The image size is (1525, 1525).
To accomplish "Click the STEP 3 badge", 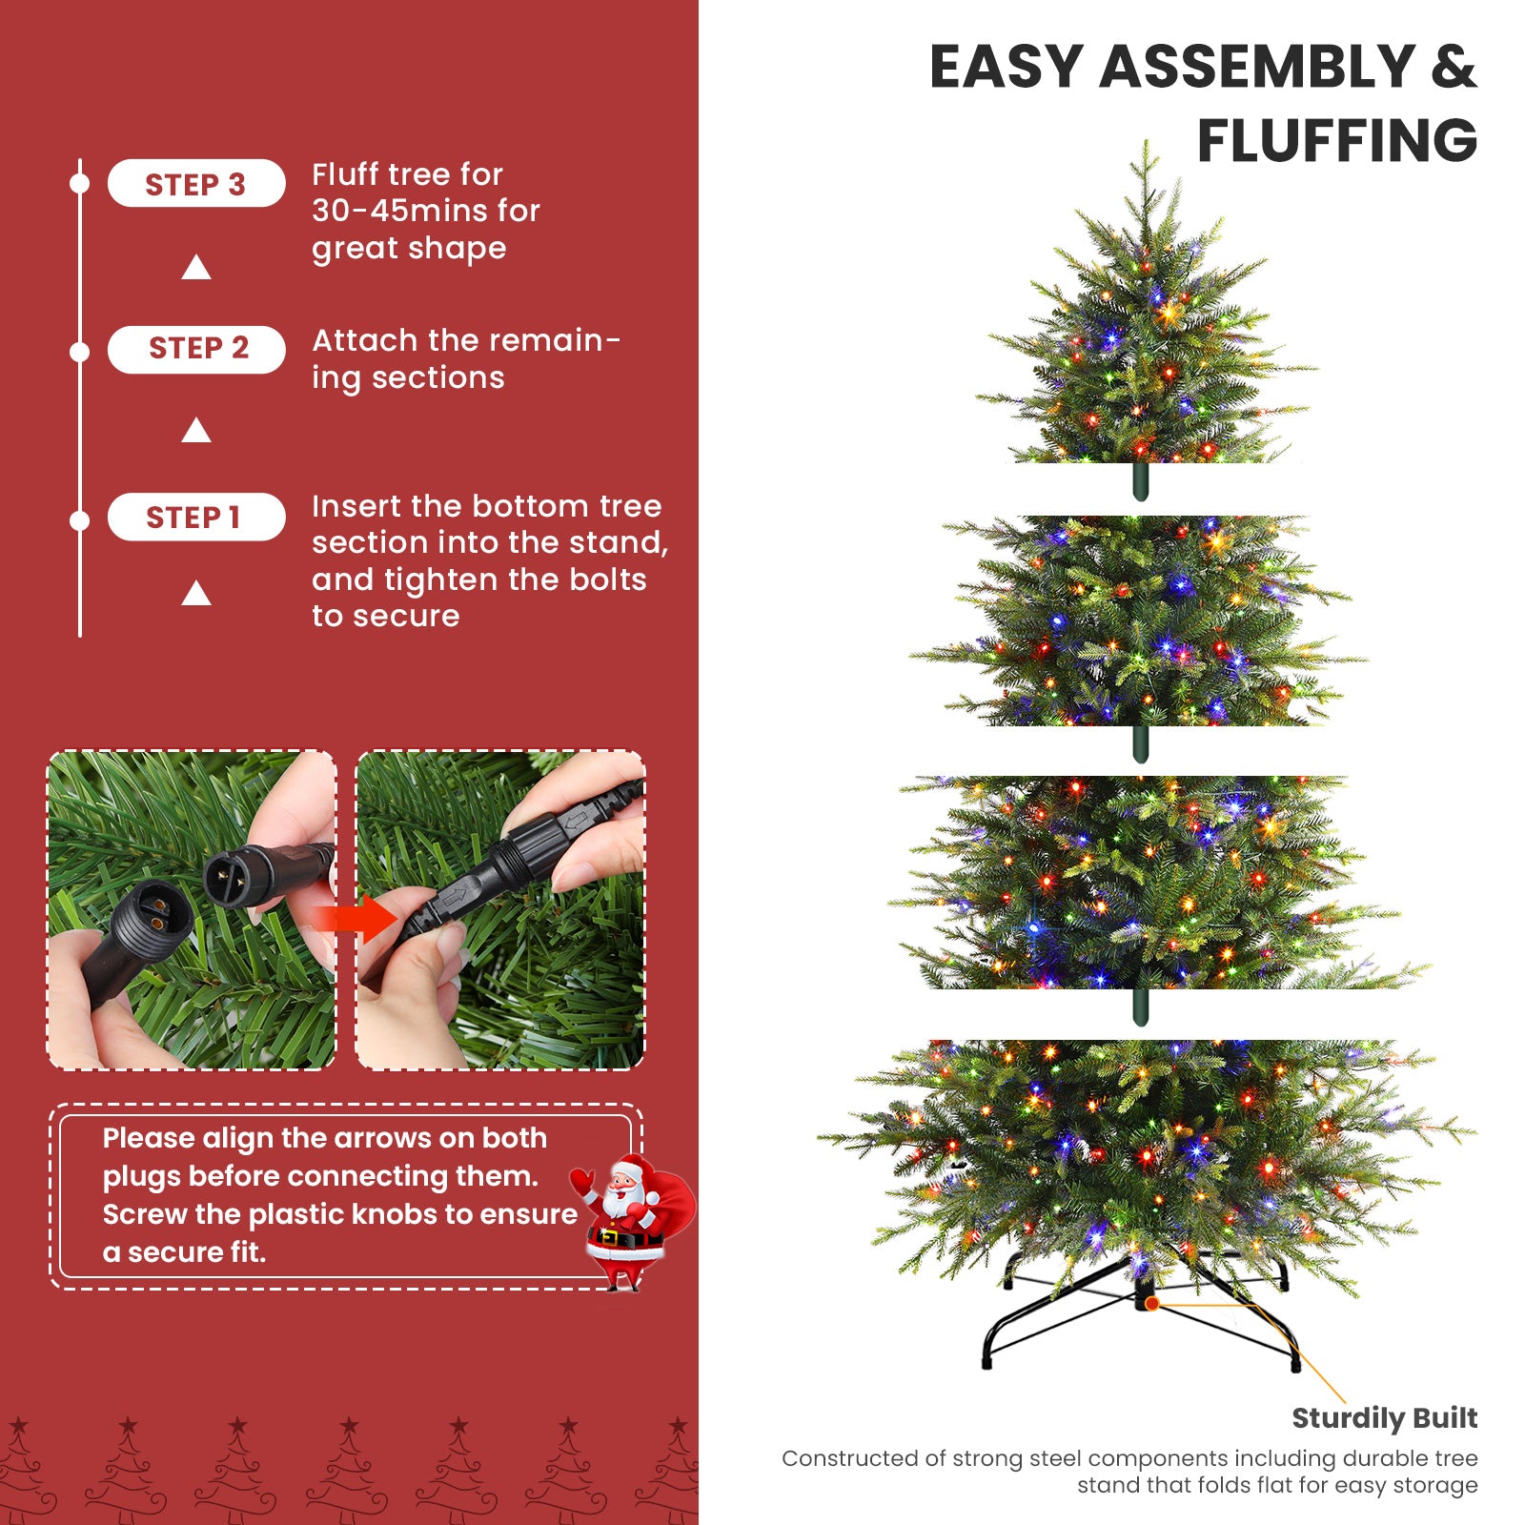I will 195,184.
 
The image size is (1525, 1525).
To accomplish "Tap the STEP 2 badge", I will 197,349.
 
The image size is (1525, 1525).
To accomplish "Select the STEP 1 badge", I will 195,518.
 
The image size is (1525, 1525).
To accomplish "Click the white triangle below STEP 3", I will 196,268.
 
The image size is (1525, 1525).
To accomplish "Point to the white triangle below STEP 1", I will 196,594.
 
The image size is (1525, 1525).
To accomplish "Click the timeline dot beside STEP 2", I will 80,352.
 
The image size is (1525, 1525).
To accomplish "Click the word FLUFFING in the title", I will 1336,141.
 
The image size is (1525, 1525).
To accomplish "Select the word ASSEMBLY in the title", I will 1256,68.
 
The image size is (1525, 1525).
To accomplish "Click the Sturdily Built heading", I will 1384,1418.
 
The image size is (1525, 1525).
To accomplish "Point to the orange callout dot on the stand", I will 1152,1303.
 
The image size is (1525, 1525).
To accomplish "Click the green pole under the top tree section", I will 1140,482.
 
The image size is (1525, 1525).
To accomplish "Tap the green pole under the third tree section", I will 1140,1006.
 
